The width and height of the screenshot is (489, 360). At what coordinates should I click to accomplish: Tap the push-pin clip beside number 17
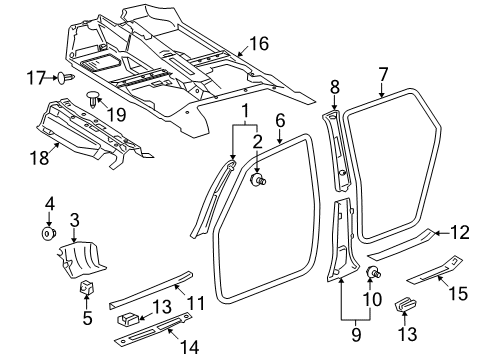pyautogui.click(x=67, y=76)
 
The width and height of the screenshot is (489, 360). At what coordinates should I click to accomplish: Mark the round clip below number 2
pyautogui.click(x=258, y=181)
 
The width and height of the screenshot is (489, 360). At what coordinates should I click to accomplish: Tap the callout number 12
pyautogui.click(x=459, y=235)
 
